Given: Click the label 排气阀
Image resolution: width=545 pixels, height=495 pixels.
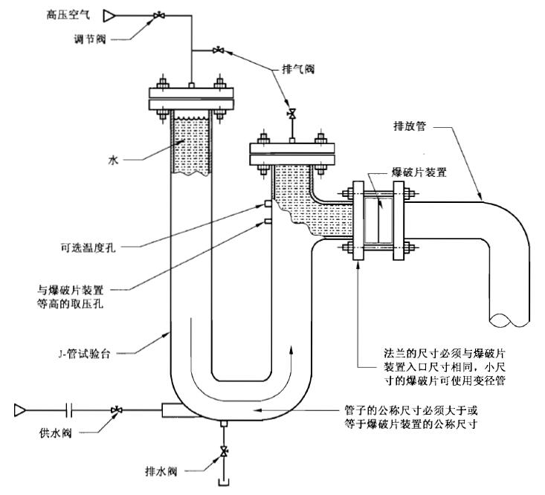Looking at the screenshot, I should point(299,68).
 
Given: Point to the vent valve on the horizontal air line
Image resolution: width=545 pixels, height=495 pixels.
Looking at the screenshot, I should point(217,51).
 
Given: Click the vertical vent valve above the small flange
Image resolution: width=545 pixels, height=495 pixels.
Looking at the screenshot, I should point(292,114).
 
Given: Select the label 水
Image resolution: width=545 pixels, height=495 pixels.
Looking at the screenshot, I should point(114,158).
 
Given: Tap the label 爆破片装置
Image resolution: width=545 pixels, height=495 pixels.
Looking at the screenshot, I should point(419,171).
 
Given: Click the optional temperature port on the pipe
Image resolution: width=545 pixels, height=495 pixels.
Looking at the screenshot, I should point(266,203).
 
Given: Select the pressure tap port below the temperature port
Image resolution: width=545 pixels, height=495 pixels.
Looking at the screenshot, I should point(266,221).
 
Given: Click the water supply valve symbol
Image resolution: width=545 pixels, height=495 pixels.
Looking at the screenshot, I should point(117,410).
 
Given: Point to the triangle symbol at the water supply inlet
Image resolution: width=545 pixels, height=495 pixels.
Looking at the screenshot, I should point(20,409).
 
